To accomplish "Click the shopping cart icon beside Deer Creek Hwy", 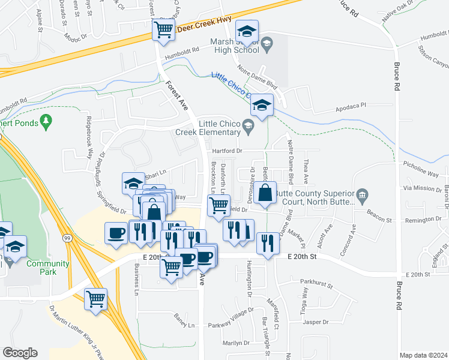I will [x=163, y=29].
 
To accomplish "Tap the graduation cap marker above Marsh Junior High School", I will [x=246, y=31].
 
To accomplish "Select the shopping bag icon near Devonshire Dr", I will [x=265, y=193].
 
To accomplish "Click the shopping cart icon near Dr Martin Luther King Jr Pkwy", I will [x=95, y=298].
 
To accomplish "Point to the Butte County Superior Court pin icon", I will [x=361, y=195].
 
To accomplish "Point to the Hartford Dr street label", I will [x=227, y=151].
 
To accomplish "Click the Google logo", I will [x=20, y=352].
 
